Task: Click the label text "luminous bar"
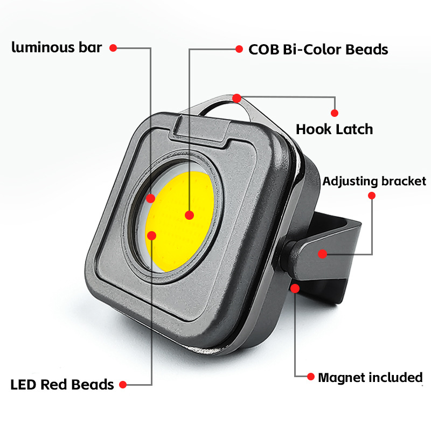pos(57,47)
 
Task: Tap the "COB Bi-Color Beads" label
pos(318,49)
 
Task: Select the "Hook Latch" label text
pos(334,129)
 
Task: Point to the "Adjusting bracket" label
pos(374,181)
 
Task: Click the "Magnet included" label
pos(370,377)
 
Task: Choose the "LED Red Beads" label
pos(62,385)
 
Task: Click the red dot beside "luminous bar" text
pos(113,47)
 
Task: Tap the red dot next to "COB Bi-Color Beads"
pos(239,49)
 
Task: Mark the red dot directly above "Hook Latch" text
pos(335,113)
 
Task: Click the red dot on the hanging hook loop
pos(237,98)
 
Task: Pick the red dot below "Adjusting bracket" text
pos(372,195)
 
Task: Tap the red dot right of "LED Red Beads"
pos(123,385)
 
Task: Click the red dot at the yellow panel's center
pos(189,215)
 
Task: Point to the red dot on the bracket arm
pos(322,253)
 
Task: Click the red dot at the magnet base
pos(295,288)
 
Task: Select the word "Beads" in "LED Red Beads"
pos(95,385)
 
